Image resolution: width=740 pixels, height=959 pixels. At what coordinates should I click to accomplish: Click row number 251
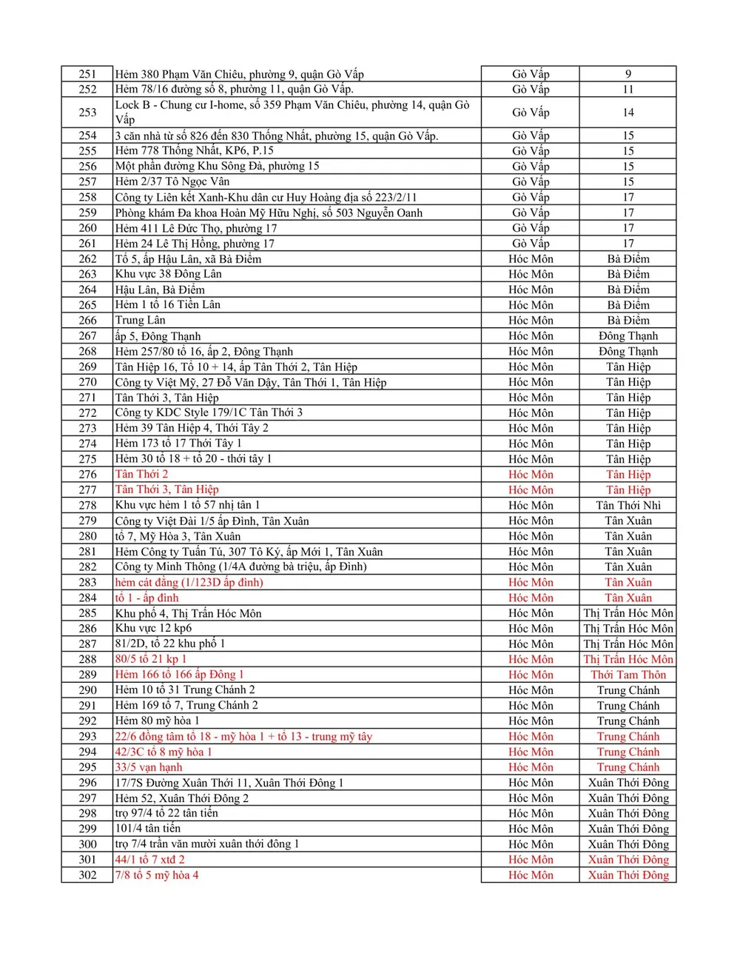(x=87, y=74)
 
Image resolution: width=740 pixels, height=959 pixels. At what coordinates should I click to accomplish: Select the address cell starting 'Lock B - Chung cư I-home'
(x=292, y=112)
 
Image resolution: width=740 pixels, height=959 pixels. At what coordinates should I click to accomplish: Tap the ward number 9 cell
(x=628, y=74)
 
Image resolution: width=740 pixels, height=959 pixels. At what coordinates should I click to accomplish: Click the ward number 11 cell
(x=628, y=89)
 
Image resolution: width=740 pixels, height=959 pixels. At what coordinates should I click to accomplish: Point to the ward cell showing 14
(x=628, y=113)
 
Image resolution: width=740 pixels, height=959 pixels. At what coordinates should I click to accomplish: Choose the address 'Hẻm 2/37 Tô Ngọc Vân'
(x=172, y=181)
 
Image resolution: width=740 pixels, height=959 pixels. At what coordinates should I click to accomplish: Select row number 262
(x=87, y=259)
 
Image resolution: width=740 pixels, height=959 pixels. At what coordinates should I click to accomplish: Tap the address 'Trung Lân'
(x=141, y=320)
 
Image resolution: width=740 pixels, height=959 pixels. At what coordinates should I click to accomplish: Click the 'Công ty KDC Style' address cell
(x=209, y=412)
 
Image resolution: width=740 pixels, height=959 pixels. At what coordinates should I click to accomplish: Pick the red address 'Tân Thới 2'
(x=142, y=474)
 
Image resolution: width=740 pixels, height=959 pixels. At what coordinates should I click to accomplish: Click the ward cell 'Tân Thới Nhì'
(x=628, y=505)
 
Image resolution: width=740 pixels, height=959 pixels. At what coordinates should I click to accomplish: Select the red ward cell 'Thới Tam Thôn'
(x=628, y=675)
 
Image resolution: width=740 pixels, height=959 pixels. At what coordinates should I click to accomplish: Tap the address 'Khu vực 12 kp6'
(x=153, y=628)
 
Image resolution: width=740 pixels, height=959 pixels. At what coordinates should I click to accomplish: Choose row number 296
(x=87, y=783)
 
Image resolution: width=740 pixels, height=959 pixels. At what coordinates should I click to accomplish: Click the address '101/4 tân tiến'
(x=148, y=829)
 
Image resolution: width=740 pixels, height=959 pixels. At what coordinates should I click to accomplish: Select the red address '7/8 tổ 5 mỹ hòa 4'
(x=157, y=875)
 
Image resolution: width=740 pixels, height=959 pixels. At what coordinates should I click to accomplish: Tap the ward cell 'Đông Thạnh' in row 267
(x=628, y=335)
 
